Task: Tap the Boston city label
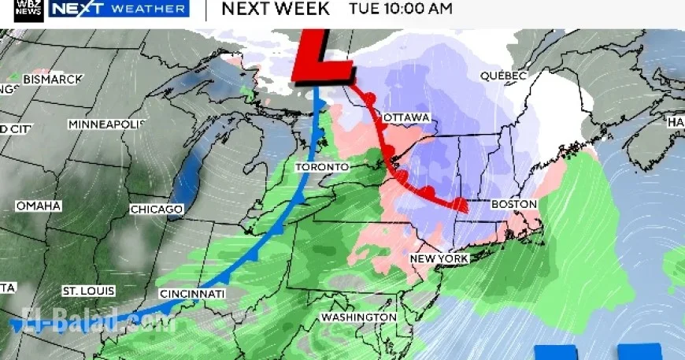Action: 513,205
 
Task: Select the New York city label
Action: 439,259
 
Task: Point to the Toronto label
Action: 321,168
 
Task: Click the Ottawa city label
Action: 406,118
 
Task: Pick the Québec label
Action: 503,76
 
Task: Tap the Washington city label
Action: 358,317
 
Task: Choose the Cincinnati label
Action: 193,294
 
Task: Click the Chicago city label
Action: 157,210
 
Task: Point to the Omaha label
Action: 38,206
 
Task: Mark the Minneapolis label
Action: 107,125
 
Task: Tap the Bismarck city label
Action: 52,80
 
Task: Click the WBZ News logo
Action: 22,9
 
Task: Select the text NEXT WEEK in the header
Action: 276,9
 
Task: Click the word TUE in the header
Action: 364,9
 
